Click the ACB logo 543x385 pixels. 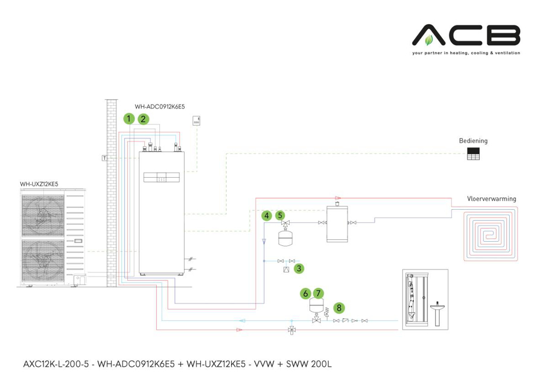(x=466, y=36)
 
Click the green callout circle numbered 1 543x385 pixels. (x=129, y=118)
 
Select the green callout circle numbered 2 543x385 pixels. (x=144, y=118)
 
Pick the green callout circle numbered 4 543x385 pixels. (x=266, y=215)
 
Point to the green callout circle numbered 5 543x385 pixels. (x=280, y=215)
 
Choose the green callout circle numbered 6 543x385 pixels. (x=306, y=293)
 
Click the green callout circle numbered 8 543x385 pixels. (x=339, y=308)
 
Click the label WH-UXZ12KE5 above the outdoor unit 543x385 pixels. (x=40, y=184)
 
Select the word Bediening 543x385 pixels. (x=473, y=141)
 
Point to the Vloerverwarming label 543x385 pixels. (x=491, y=198)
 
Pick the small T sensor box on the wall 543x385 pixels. (x=104, y=158)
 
